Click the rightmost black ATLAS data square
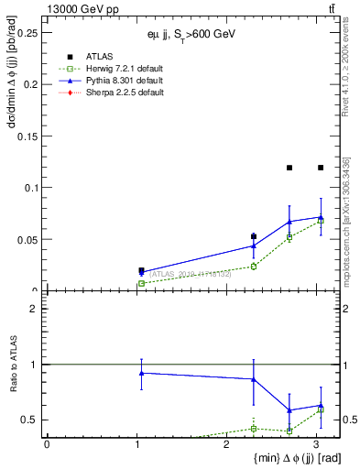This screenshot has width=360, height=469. pos(321,168)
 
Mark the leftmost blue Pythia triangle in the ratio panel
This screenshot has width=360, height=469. pos(141,373)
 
